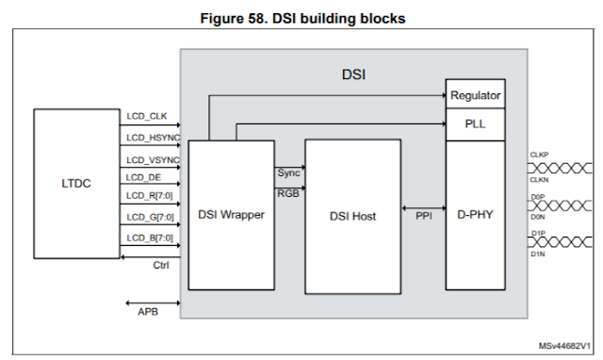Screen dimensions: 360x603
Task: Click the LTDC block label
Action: tap(76, 184)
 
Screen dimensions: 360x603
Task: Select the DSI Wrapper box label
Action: tap(232, 215)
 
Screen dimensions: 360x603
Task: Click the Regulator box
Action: tap(475, 96)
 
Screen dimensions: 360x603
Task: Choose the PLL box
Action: tap(475, 124)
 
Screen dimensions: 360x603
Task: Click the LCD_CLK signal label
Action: tap(146, 117)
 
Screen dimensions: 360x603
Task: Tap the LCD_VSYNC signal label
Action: tap(153, 158)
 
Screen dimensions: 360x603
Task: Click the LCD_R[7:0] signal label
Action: tap(150, 196)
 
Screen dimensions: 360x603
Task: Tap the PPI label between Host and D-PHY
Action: tap(424, 216)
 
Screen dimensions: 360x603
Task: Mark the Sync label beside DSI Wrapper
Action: tap(288, 173)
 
